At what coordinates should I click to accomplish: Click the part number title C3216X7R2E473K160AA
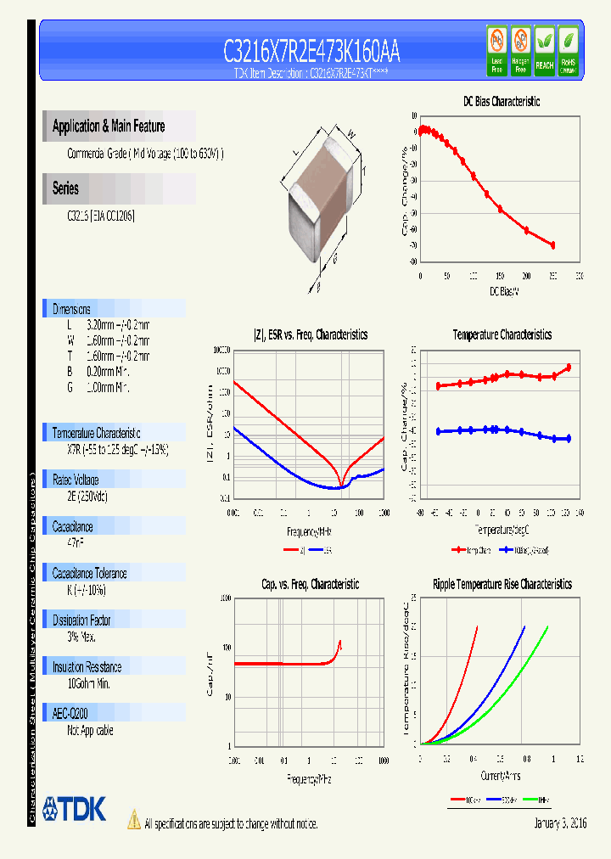[x=311, y=53]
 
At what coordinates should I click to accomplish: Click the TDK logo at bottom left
[x=75, y=809]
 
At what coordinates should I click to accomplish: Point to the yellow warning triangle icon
[x=133, y=819]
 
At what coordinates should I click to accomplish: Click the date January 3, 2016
[x=560, y=823]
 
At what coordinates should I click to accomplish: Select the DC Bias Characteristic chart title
[x=502, y=102]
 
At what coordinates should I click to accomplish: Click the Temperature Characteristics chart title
[x=502, y=335]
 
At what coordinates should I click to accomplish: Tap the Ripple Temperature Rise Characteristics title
[x=502, y=585]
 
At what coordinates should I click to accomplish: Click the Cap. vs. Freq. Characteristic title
[x=310, y=585]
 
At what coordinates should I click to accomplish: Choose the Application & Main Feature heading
[x=109, y=126]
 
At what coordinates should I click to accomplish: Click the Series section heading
[x=66, y=189]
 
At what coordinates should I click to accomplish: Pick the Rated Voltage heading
[x=76, y=480]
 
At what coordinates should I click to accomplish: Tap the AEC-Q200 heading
[x=70, y=714]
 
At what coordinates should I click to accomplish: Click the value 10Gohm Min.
[x=88, y=683]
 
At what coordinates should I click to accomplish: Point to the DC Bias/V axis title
[x=504, y=292]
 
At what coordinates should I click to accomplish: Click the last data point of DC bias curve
[x=553, y=245]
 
